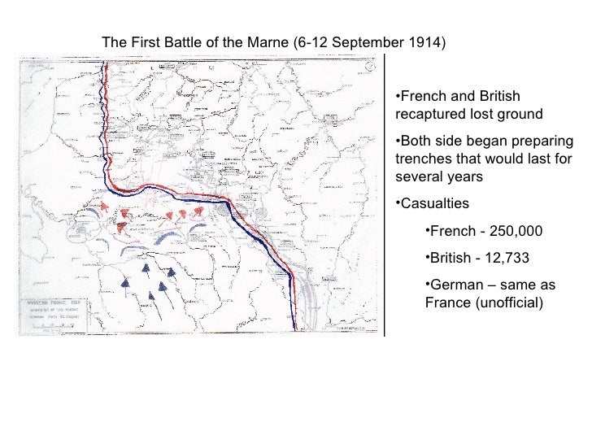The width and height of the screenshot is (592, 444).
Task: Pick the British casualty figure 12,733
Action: click(502, 259)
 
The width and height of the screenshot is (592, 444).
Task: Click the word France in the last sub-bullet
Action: click(446, 303)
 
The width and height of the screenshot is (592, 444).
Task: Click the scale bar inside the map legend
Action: click(54, 325)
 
